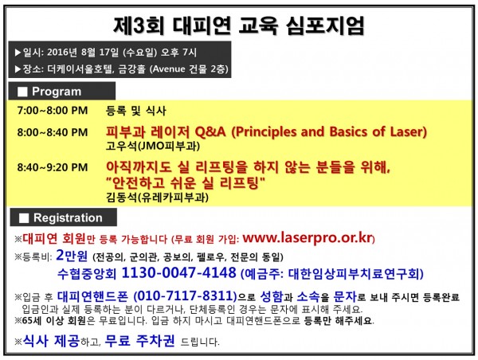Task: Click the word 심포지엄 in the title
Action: (x=325, y=25)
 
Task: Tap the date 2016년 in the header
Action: (x=62, y=52)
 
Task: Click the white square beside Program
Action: (x=22, y=92)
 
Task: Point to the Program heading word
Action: (x=57, y=92)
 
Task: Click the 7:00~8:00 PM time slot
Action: (x=53, y=111)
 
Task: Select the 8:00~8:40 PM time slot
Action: (x=53, y=132)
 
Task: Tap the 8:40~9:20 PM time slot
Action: (x=53, y=167)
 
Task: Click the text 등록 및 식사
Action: (x=136, y=111)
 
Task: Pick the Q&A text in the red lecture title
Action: (x=210, y=131)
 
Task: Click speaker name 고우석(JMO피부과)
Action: (x=153, y=146)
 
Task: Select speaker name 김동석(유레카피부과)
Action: (x=157, y=198)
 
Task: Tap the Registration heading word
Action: (x=68, y=217)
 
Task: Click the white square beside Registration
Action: (x=24, y=218)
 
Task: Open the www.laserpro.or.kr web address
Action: (x=308, y=238)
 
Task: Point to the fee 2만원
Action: (x=72, y=256)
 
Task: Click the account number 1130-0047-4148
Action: (x=178, y=272)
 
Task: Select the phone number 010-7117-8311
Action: (x=186, y=295)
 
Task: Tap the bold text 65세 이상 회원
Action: (x=54, y=320)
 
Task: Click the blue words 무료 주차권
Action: (x=139, y=341)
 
